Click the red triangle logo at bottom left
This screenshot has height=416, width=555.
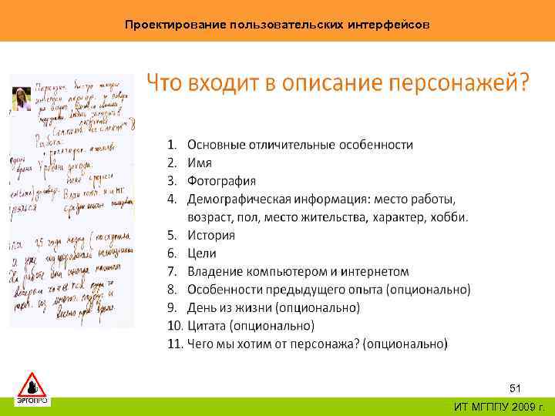(x=32, y=384)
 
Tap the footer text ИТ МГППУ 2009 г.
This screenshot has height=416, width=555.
(x=499, y=406)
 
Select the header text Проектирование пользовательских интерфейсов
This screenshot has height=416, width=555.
(x=277, y=25)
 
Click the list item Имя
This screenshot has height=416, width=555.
(x=199, y=163)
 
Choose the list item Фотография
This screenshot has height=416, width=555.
(x=221, y=181)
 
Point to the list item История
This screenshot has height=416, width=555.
(x=214, y=235)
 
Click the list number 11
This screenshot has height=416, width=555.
(x=174, y=343)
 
